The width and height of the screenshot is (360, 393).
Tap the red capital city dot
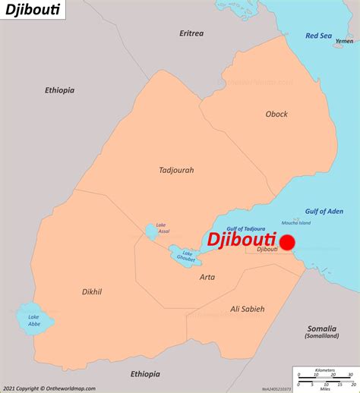click(287, 243)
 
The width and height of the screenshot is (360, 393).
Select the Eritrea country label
click(191, 33)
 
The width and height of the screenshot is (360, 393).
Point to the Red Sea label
click(318, 36)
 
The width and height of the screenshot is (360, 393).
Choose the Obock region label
click(276, 114)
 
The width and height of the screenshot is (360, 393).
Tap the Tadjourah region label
click(176, 170)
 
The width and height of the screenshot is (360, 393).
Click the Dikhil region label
click(92, 291)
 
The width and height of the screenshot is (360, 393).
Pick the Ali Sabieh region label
click(247, 309)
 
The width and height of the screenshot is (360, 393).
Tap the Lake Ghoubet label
click(185, 256)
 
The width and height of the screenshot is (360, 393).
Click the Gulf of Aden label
click(324, 211)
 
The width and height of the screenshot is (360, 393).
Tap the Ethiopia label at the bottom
click(145, 373)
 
